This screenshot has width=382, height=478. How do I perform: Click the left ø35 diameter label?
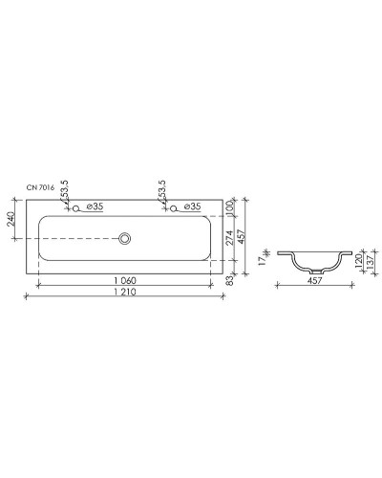95,206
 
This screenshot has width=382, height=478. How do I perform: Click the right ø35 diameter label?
191,206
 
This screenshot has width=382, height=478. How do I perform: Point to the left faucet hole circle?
75,207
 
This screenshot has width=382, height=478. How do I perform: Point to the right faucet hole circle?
174,207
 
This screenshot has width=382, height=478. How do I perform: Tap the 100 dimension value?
230,207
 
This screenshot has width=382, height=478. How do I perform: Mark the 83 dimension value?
230,281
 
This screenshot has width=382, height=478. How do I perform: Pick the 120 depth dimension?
358,261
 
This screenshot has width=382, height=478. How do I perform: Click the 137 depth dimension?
370,263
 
